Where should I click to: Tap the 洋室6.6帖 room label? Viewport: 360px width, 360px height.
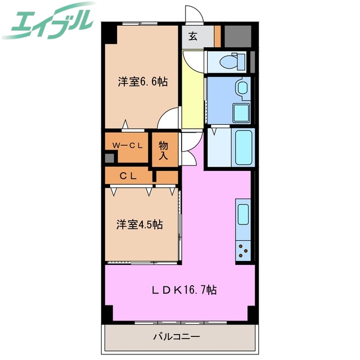click(x=142, y=82)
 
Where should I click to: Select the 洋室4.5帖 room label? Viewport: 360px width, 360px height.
click(x=139, y=224)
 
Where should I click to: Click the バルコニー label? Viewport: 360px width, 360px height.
click(x=177, y=337)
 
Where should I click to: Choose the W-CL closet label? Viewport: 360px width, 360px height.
click(x=127, y=145)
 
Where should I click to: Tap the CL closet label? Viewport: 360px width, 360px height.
click(x=128, y=176)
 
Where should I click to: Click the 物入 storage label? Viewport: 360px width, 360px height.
click(x=164, y=150)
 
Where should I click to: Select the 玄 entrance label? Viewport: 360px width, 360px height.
click(x=193, y=37)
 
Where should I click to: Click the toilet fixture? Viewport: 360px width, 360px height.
click(x=231, y=60)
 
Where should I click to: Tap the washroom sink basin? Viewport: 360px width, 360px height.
click(x=242, y=88)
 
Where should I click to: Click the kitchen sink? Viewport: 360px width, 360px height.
click(x=243, y=215)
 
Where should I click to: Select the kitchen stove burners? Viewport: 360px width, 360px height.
click(x=243, y=249)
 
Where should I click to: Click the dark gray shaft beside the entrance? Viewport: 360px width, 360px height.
click(x=237, y=36)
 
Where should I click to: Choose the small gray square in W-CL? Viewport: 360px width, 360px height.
click(x=109, y=157)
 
